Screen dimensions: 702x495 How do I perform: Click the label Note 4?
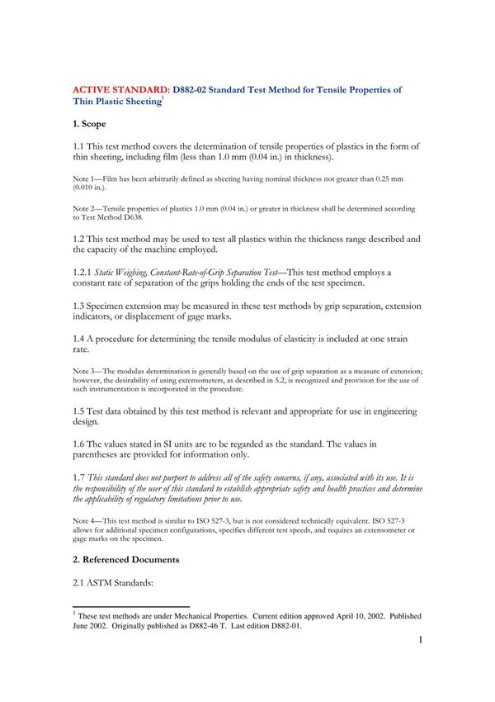point(85,519)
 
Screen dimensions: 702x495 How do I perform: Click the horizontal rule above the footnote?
point(131,606)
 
